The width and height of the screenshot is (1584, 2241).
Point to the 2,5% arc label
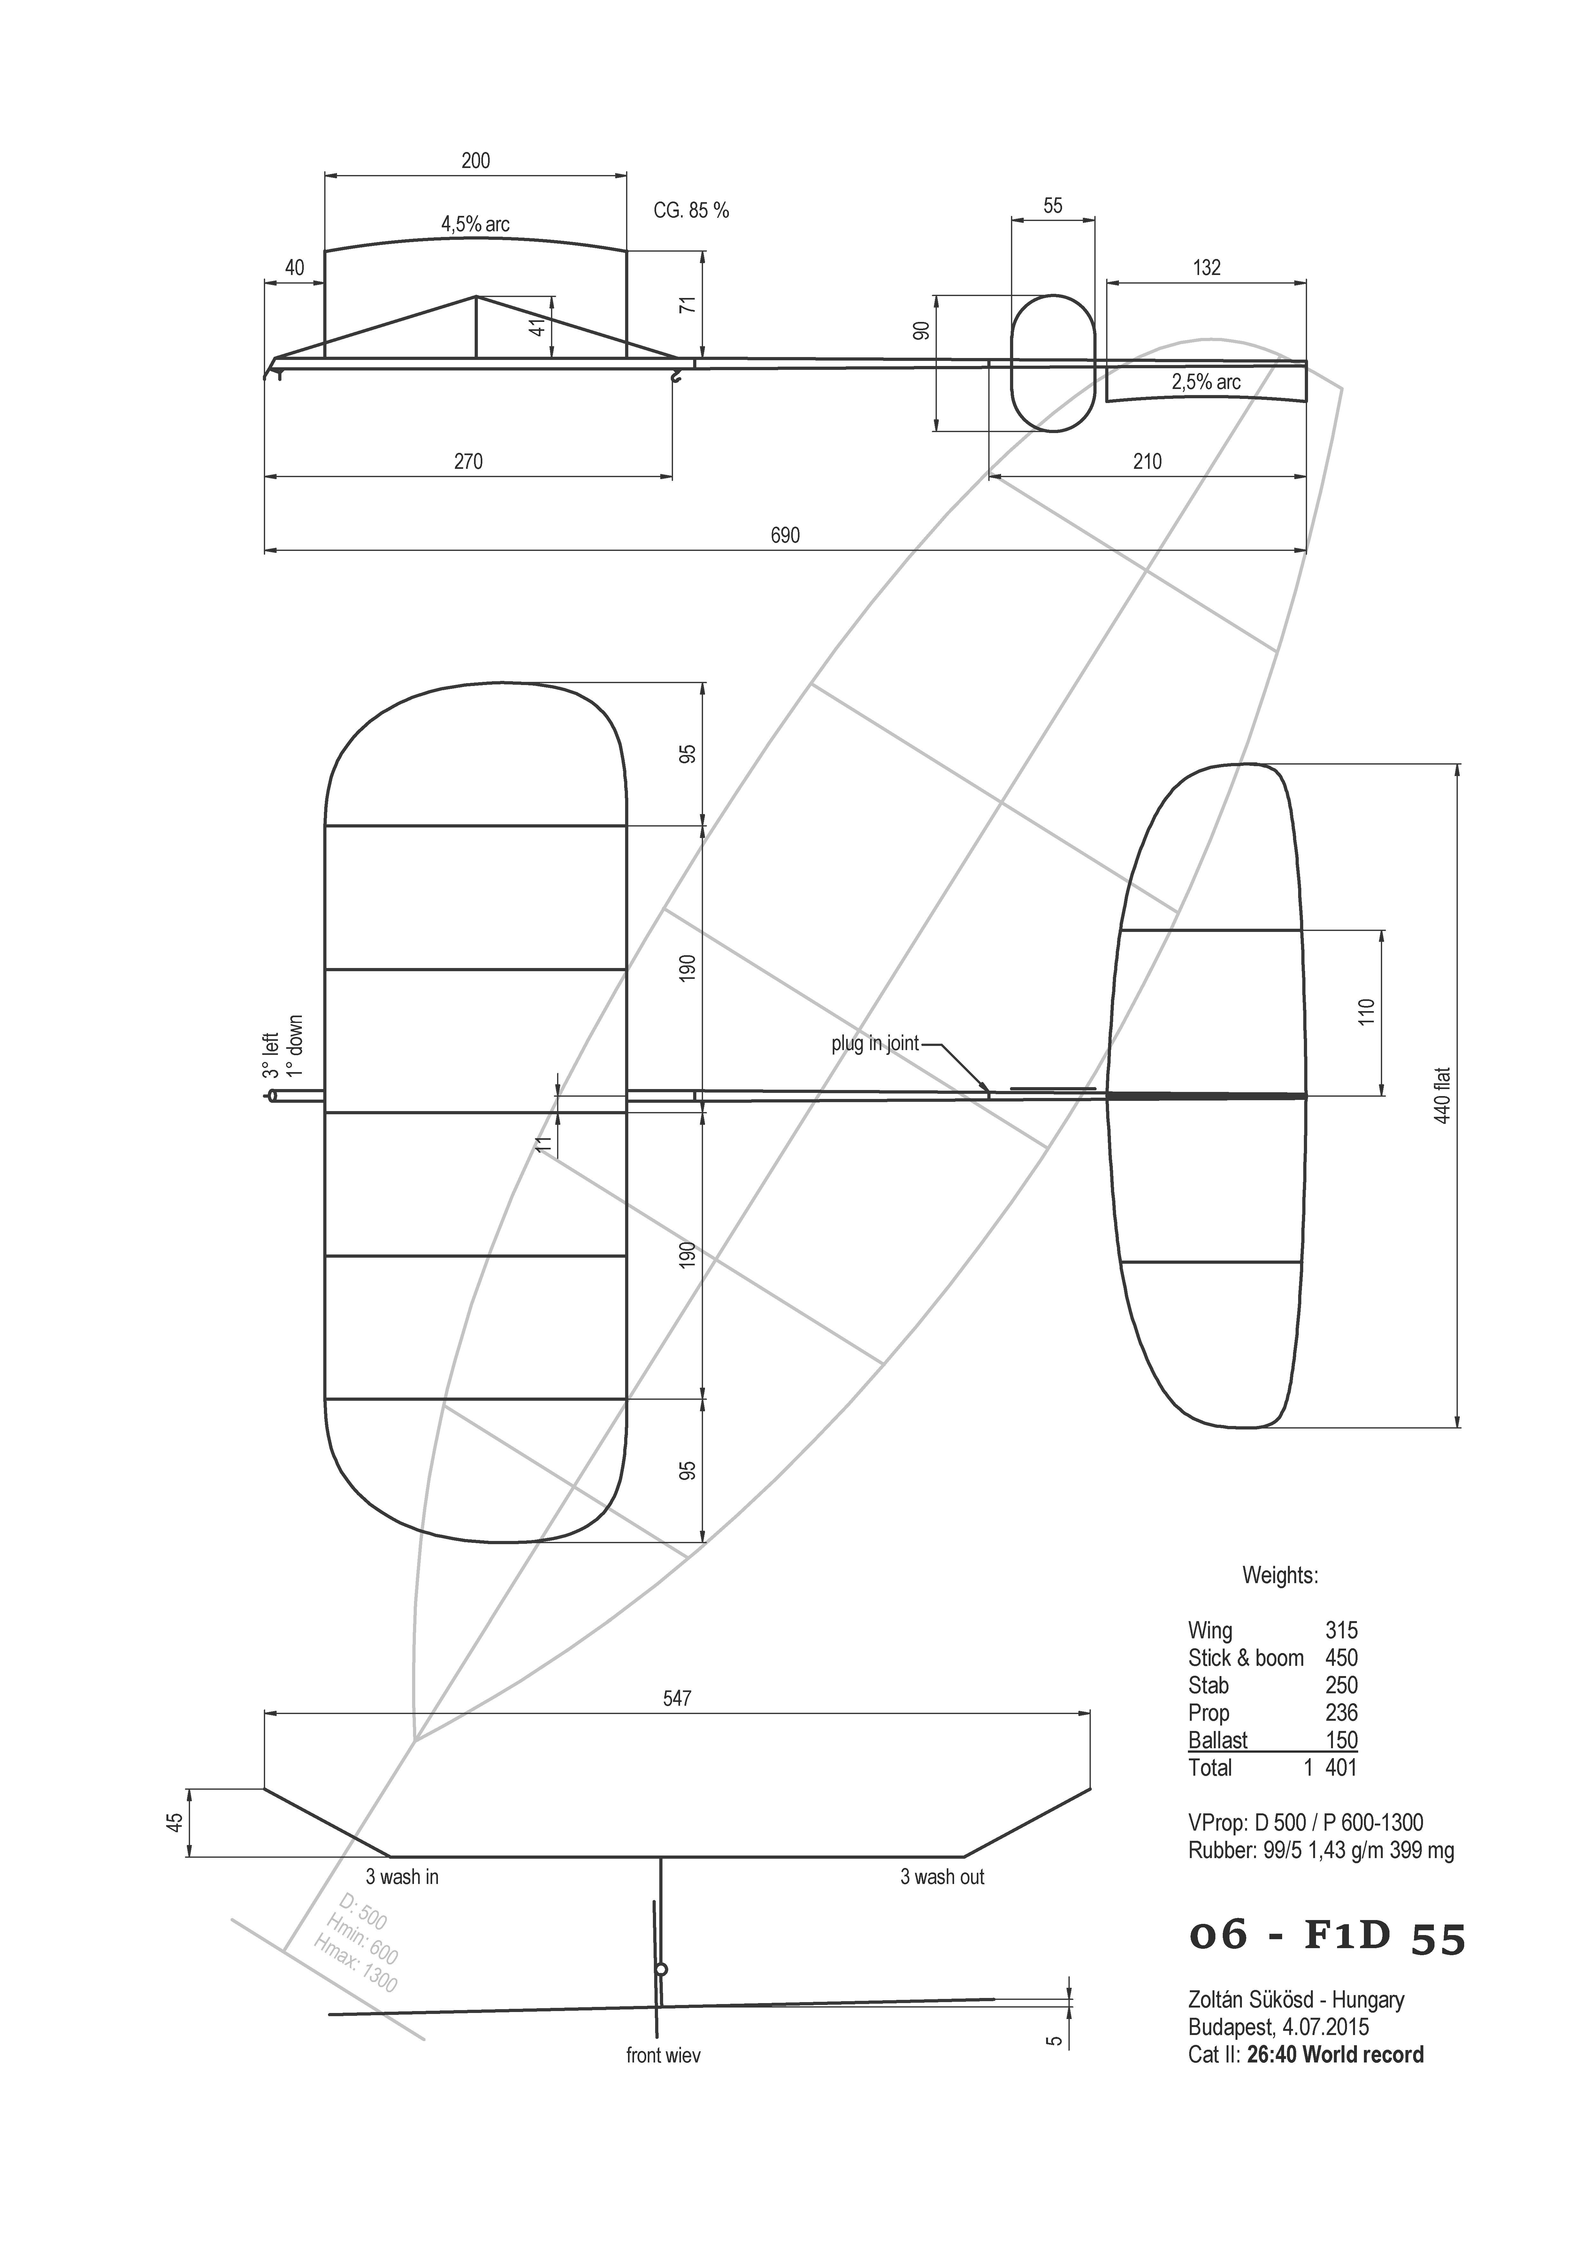1206,382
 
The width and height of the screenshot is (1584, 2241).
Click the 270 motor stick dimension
469,461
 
